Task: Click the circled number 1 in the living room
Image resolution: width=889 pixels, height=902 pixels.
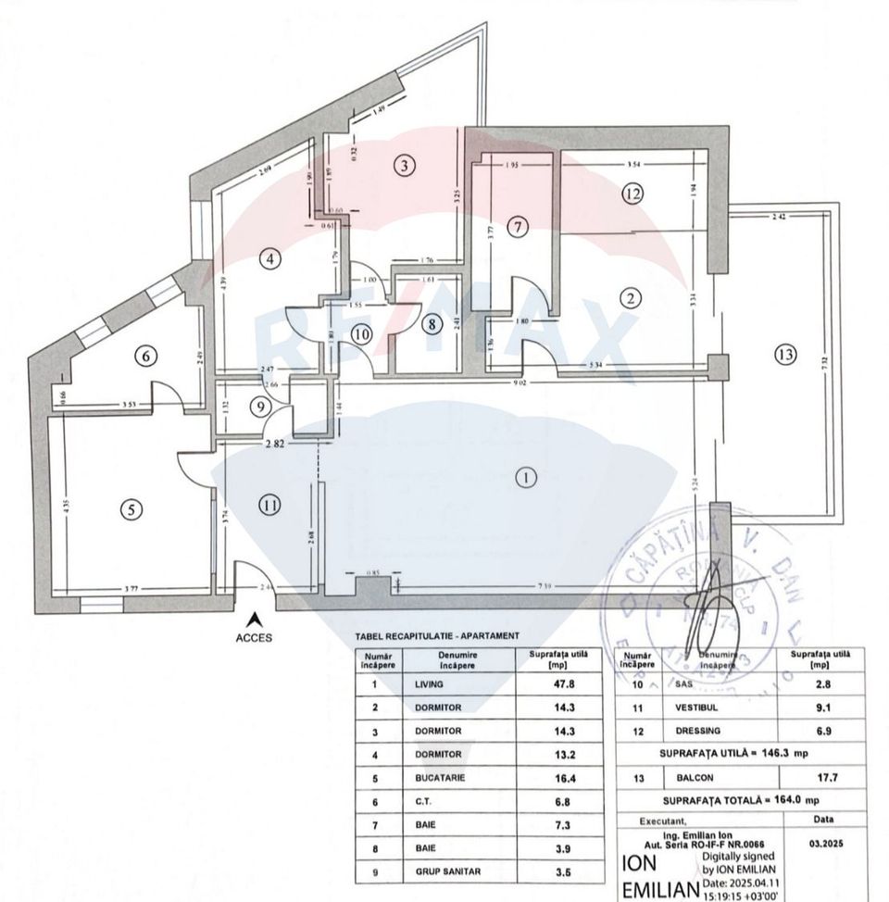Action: [524, 479]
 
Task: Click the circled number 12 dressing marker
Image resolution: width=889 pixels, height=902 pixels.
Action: [632, 194]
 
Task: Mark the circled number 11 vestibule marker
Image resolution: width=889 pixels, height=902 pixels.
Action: [269, 505]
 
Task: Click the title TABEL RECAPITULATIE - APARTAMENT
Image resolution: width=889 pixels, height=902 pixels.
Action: [436, 637]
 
